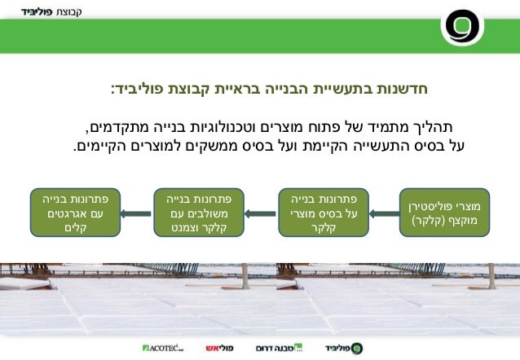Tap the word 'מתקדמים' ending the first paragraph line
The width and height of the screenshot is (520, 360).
click(118, 128)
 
